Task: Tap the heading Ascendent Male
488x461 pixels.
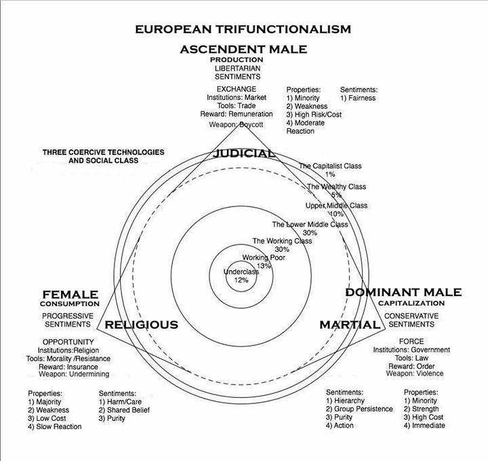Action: [243, 49]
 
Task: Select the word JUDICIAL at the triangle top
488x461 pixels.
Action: [244, 153]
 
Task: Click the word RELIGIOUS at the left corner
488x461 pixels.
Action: [141, 325]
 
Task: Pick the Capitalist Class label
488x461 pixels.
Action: [331, 166]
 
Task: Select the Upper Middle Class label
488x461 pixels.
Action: [336, 205]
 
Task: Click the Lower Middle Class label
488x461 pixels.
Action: [310, 224]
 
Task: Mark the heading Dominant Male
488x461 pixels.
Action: [403, 292]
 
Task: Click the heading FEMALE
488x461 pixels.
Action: [70, 295]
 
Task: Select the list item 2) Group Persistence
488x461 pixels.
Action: [359, 409]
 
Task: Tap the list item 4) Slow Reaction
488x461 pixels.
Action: [55, 426]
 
